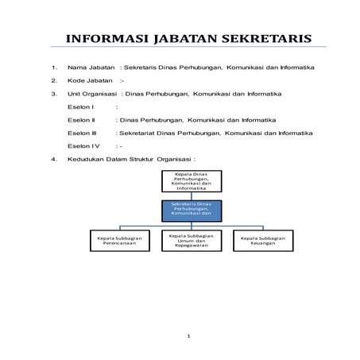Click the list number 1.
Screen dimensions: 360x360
(x=53, y=68)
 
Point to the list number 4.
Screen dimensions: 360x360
(x=53, y=159)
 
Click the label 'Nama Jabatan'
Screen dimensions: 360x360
(x=90, y=68)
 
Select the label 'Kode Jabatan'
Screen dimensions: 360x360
(x=90, y=81)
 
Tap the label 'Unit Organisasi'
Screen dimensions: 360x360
(x=94, y=95)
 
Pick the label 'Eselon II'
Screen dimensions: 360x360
(x=82, y=119)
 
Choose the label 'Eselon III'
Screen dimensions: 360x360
(x=83, y=133)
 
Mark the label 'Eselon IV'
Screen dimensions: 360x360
(x=83, y=146)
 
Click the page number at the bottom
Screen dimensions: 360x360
(x=188, y=337)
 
